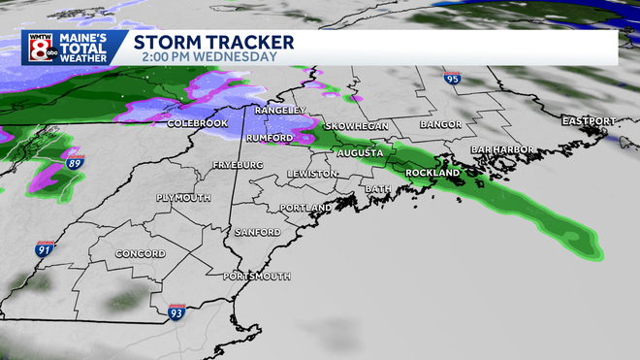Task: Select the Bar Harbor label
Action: [x=496, y=149]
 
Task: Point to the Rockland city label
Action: [x=433, y=173]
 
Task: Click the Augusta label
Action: [x=360, y=153]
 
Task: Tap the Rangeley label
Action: [x=280, y=111]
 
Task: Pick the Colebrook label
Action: [x=196, y=124]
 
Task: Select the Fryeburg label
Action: [x=239, y=166]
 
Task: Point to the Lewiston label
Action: [x=311, y=174]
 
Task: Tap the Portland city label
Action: [x=305, y=208]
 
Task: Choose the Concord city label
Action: [x=144, y=253]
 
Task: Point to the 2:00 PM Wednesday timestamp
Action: [x=203, y=57]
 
